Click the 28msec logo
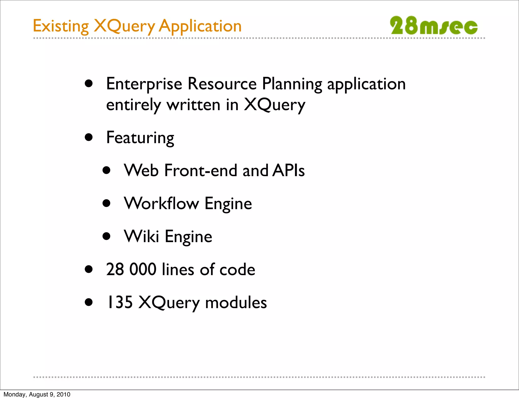pyautogui.click(x=433, y=26)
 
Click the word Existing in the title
pyautogui.click(x=61, y=26)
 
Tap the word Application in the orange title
pyautogui.click(x=200, y=26)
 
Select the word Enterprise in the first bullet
pyautogui.click(x=144, y=84)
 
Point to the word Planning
pyautogui.click(x=292, y=84)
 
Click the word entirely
pyautogui.click(x=133, y=105)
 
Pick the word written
pyautogui.click(x=193, y=105)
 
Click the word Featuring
pyautogui.click(x=140, y=138)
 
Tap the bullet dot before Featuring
pyautogui.click(x=89, y=137)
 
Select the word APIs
pyautogui.click(x=289, y=170)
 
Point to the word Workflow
pyautogui.click(x=161, y=203)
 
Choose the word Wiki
pyautogui.click(x=141, y=236)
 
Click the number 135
pyautogui.click(x=119, y=302)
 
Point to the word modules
pyautogui.click(x=236, y=302)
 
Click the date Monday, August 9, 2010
pyautogui.click(x=37, y=394)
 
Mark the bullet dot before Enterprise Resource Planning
pyautogui.click(x=89, y=84)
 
